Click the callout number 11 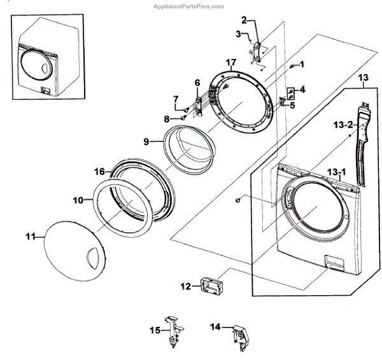click(x=31, y=237)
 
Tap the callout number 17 click(x=231, y=62)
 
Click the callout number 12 click(x=185, y=287)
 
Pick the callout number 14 click(x=215, y=326)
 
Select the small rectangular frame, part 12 click(x=208, y=287)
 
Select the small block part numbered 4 click(x=290, y=92)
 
